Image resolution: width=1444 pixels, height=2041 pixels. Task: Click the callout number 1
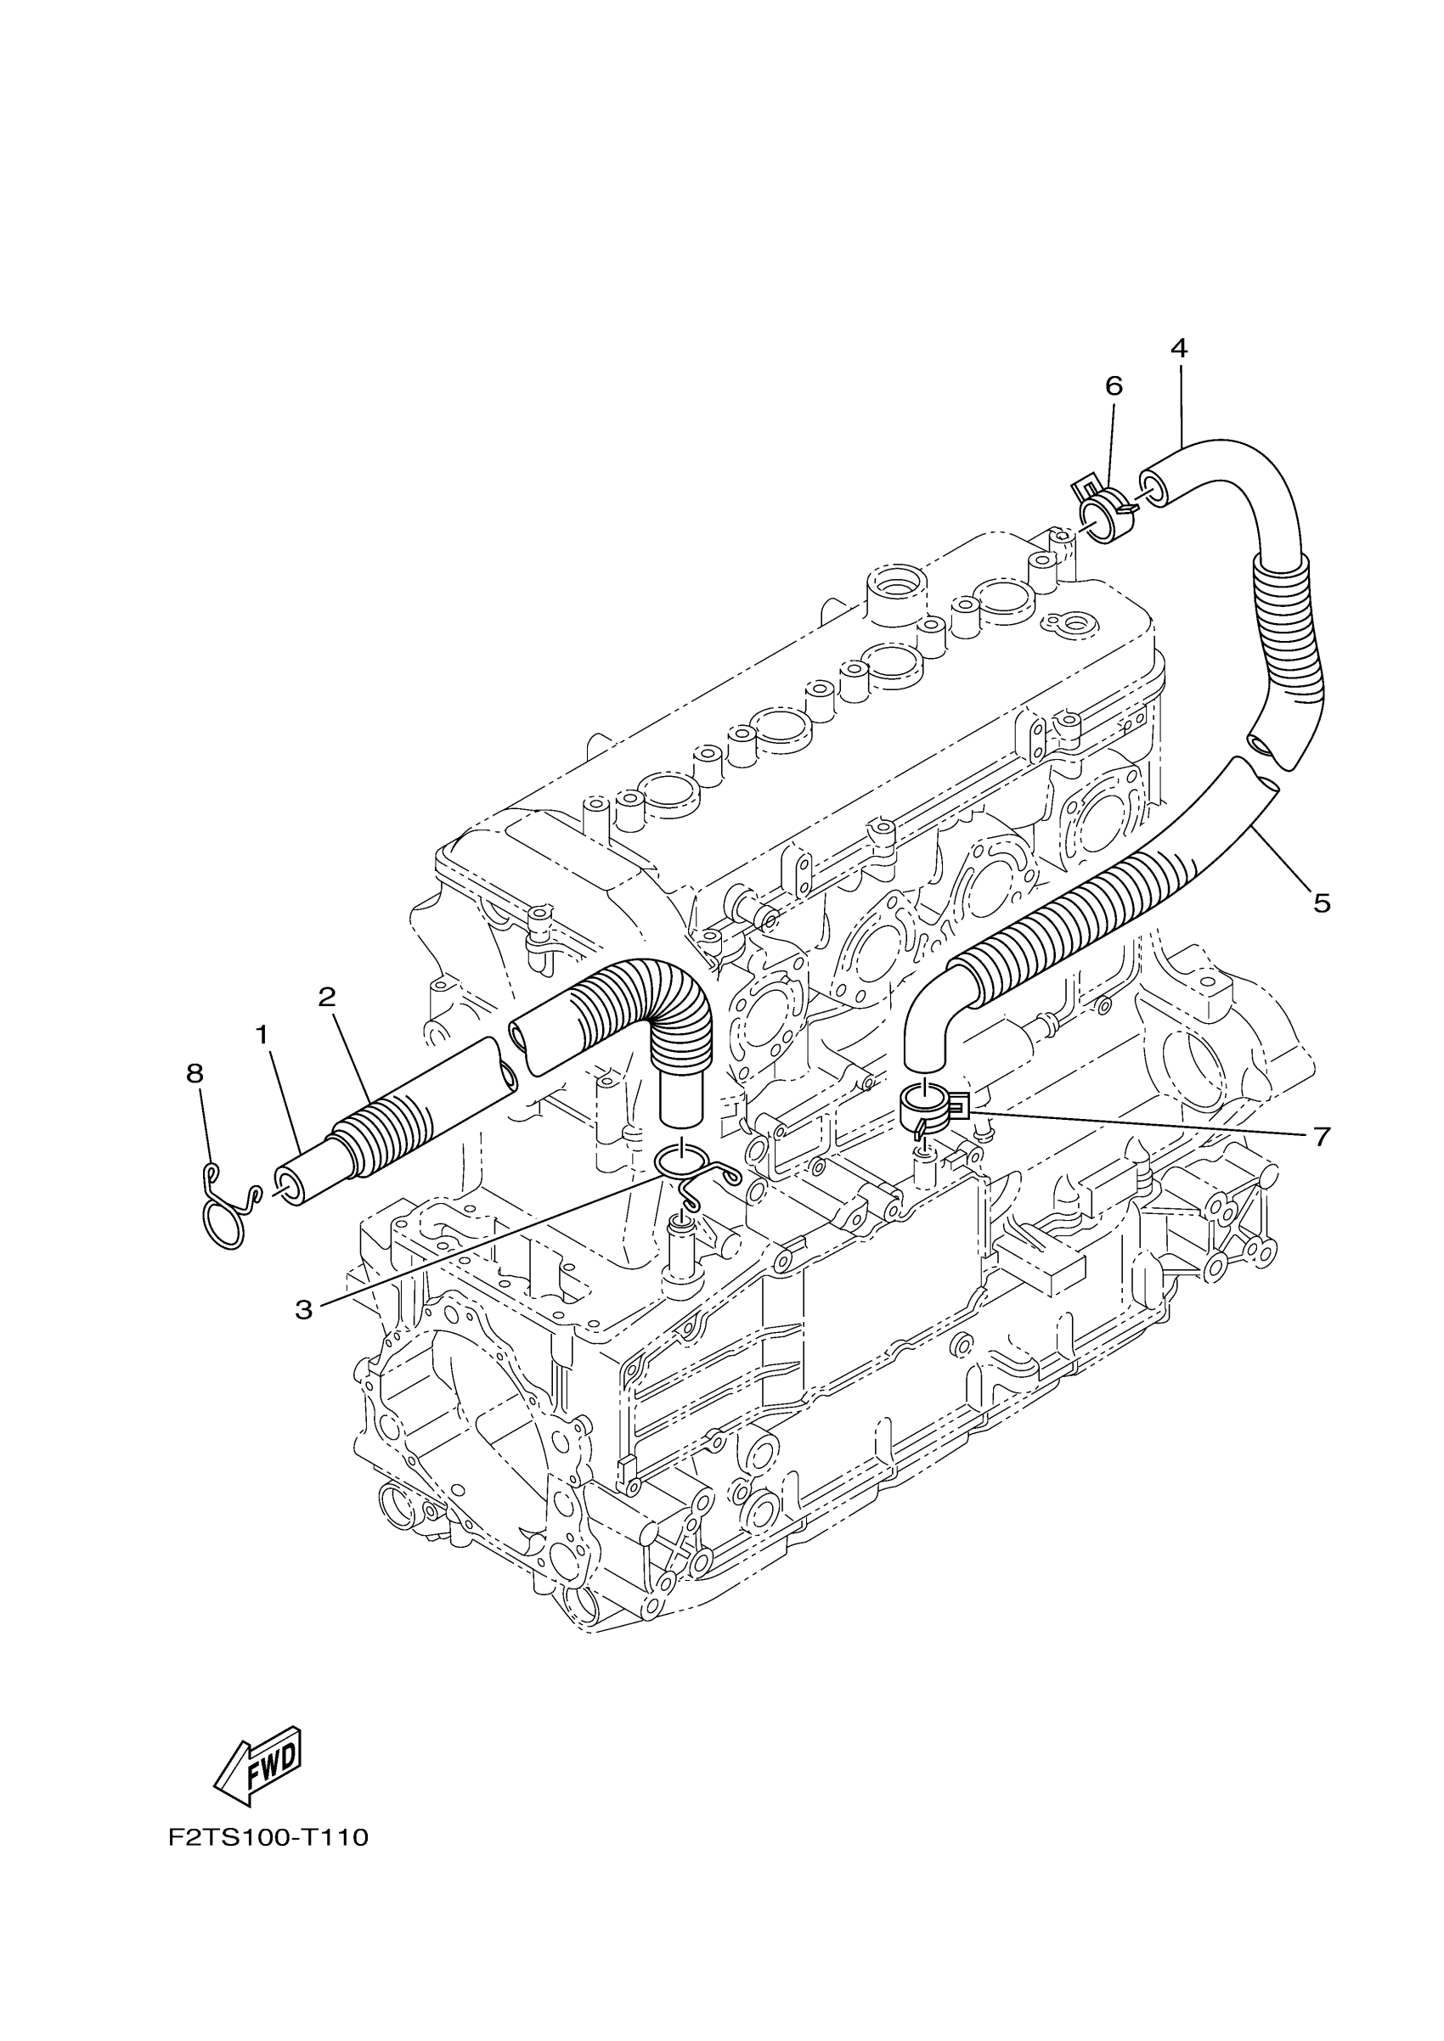262,1035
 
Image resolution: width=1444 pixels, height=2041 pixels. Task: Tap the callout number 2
327,997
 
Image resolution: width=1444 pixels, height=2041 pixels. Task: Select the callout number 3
304,1308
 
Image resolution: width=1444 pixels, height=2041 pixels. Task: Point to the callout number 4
1178,347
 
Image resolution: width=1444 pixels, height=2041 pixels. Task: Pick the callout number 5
1322,903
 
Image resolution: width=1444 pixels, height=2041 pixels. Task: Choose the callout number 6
1114,385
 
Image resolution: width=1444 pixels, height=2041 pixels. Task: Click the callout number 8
195,1074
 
